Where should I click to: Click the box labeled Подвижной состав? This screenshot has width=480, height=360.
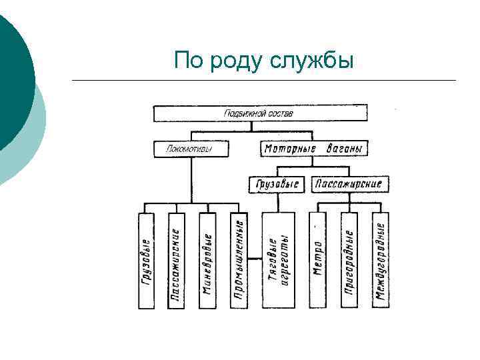pyautogui.click(x=261, y=113)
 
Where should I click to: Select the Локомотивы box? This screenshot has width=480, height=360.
pyautogui.click(x=190, y=149)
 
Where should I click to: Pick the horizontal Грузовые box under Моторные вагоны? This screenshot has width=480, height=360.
pyautogui.click(x=276, y=184)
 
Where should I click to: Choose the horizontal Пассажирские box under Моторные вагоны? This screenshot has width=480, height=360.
pyautogui.click(x=349, y=184)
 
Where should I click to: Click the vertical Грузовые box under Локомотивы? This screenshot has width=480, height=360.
pyautogui.click(x=146, y=261)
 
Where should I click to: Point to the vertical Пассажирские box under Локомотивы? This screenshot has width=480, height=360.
pyautogui.click(x=176, y=261)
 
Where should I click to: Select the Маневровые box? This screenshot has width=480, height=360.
pyautogui.click(x=207, y=261)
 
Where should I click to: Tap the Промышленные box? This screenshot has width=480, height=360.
pyautogui.click(x=239, y=261)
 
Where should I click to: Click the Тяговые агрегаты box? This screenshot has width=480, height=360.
pyautogui.click(x=278, y=261)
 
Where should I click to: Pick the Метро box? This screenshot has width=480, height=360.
pyautogui.click(x=317, y=261)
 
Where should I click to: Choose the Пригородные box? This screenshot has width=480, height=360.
pyautogui.click(x=349, y=261)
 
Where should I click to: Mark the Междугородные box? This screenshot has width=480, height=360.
pyautogui.click(x=381, y=261)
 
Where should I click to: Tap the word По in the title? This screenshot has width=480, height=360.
pyautogui.click(x=189, y=62)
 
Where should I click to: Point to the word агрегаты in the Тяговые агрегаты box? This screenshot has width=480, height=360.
pyautogui.click(x=285, y=261)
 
